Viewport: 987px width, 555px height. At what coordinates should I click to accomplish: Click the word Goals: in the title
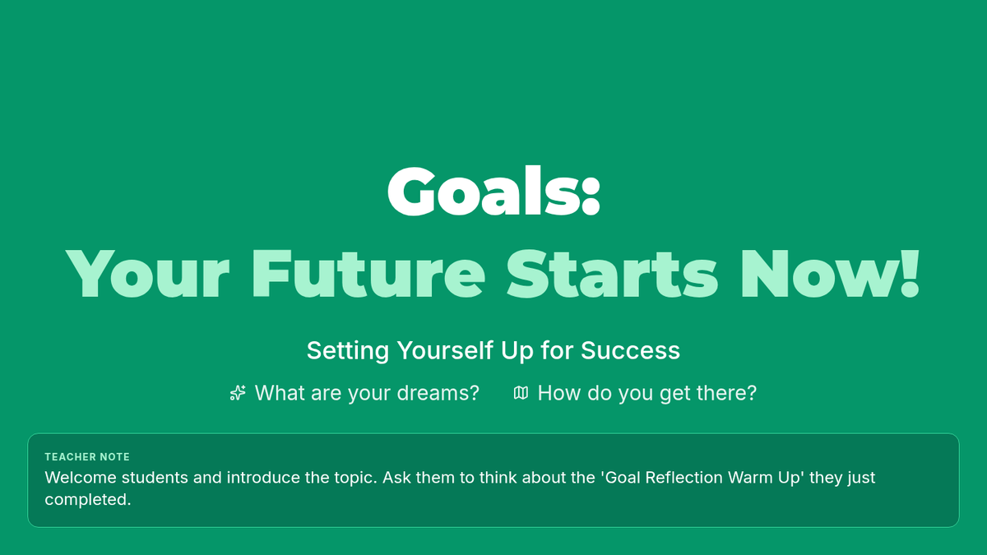tap(493, 192)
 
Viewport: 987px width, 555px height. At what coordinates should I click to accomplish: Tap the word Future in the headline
tap(368, 274)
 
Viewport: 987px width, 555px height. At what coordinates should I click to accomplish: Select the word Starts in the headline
tap(613, 274)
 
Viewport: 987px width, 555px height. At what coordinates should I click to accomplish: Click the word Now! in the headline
tap(831, 274)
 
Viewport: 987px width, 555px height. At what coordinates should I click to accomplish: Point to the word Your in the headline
tap(147, 274)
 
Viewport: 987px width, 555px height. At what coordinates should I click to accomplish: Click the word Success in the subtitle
tap(630, 350)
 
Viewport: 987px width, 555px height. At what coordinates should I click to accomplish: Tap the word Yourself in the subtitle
tap(445, 350)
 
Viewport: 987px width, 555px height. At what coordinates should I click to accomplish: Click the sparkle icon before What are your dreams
tap(238, 393)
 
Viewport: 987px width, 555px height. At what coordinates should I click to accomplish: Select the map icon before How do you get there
tap(521, 393)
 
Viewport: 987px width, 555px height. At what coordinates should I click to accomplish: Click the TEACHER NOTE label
tap(87, 457)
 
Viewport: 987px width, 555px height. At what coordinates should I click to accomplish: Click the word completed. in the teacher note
tap(88, 500)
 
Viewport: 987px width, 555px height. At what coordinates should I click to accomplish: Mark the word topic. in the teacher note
tap(356, 479)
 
